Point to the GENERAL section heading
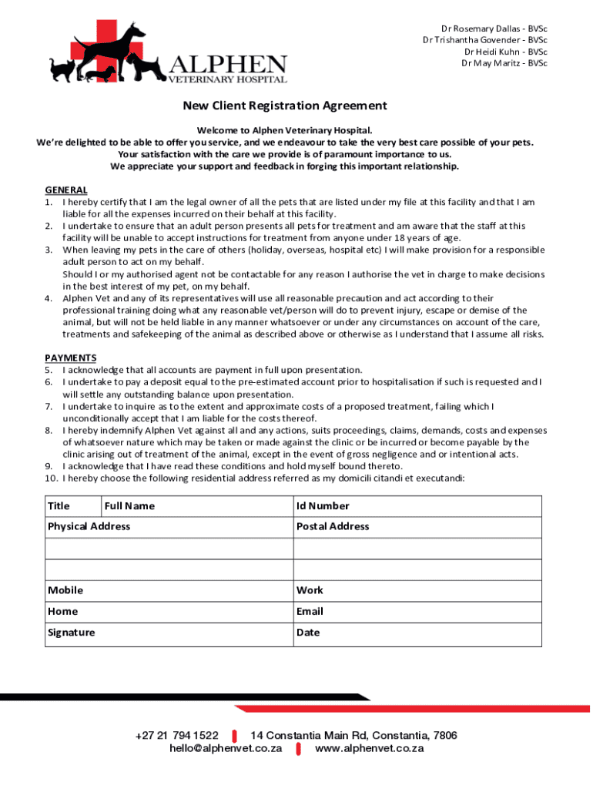pos(66,190)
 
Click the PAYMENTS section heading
pos(71,358)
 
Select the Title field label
pos(59,506)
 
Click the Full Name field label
pos(129,506)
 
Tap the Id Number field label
pos(323,506)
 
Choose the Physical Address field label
pos(89,526)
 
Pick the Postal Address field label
pos(333,526)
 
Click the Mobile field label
pos(65,590)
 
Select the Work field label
pos(310,590)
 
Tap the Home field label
pos(63,611)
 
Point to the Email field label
pos(310,611)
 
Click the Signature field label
pos(72,633)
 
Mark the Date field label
pos(308,633)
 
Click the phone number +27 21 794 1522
pos(176,736)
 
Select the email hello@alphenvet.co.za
pos(226,748)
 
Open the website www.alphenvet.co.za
pos(370,748)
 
